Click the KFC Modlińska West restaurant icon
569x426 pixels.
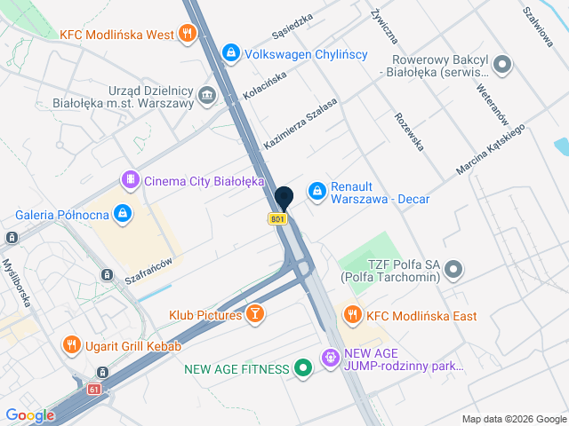[186, 35]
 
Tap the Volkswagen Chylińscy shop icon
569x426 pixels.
[231, 54]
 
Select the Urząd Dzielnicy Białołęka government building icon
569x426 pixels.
[207, 95]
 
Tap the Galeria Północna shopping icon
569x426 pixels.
[123, 214]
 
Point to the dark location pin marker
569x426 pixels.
[284, 198]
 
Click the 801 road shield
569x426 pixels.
[278, 218]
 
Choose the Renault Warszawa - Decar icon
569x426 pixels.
[317, 191]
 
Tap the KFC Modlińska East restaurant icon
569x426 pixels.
[353, 315]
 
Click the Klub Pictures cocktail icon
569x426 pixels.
[255, 315]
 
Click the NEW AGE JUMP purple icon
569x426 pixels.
[330, 358]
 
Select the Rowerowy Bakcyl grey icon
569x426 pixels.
[502, 63]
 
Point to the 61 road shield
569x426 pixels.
[94, 390]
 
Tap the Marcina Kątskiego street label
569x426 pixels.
[491, 148]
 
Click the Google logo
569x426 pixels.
[29, 414]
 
